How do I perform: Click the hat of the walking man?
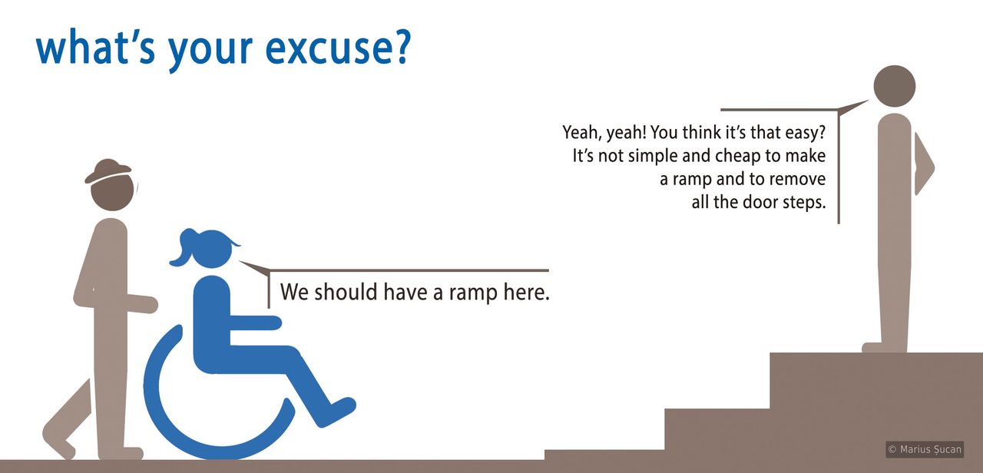pos(108,171)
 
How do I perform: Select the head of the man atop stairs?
pos(895,85)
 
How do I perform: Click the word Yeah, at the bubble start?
pos(581,133)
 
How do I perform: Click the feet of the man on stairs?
pos(883,347)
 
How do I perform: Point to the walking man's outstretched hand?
pos(149,304)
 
